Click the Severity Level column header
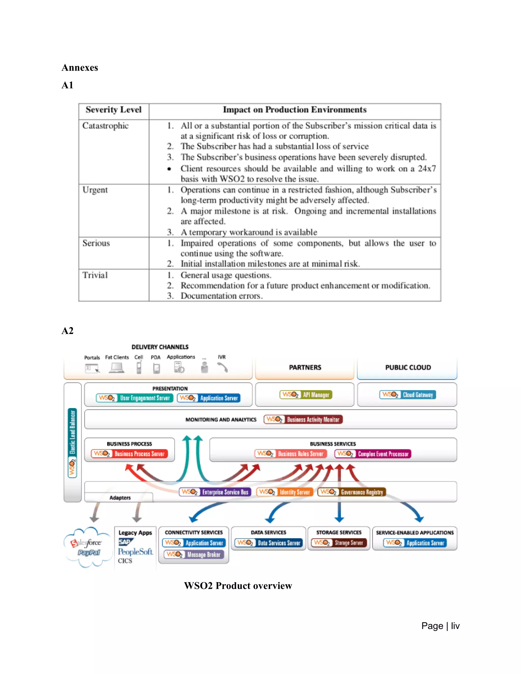point(113,110)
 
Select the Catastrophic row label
point(105,126)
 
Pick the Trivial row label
point(95,275)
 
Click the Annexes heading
point(80,68)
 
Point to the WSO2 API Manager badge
point(306,395)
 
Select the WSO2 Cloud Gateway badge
point(408,395)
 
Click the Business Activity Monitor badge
point(303,419)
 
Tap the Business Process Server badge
point(129,454)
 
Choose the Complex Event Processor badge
point(373,454)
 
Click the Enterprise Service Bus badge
point(215,492)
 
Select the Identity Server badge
point(285,492)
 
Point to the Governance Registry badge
point(352,492)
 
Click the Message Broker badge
point(194,554)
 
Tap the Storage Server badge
point(339,543)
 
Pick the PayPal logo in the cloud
point(89,552)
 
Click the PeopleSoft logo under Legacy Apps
point(135,552)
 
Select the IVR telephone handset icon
point(222,367)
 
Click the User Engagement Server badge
point(135,398)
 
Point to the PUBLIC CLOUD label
point(408,367)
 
